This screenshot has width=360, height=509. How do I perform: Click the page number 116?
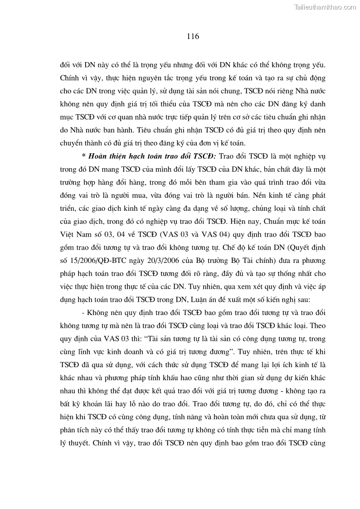pyautogui.click(x=193, y=37)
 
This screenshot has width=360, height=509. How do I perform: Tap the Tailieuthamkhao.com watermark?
pyautogui.click(x=326, y=7)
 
